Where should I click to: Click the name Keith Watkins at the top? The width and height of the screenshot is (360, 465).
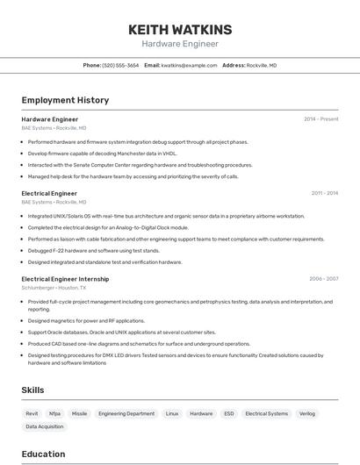pyautogui.click(x=180, y=29)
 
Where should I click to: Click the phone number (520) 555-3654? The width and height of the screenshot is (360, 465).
pyautogui.click(x=120, y=65)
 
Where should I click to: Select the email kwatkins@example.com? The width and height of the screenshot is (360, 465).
pyautogui.click(x=189, y=65)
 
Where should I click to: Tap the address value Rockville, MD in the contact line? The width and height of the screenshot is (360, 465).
pyautogui.click(x=262, y=65)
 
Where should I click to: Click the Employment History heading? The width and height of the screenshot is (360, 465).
pyautogui.click(x=65, y=100)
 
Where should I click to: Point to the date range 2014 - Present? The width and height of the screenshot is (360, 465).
pyautogui.click(x=320, y=119)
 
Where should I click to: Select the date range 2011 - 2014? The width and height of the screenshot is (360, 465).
pyautogui.click(x=324, y=193)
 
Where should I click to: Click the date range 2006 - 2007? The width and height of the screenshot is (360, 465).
pyautogui.click(x=323, y=279)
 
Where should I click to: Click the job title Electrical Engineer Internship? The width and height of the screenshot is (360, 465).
pyautogui.click(x=65, y=279)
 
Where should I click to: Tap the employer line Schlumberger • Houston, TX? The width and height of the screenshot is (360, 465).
pyautogui.click(x=54, y=288)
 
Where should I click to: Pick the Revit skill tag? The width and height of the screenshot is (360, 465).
pyautogui.click(x=32, y=413)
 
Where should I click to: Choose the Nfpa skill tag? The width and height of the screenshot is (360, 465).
pyautogui.click(x=55, y=413)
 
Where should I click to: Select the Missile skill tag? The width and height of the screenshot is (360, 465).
pyautogui.click(x=80, y=413)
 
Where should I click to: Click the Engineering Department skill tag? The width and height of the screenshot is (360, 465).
pyautogui.click(x=126, y=413)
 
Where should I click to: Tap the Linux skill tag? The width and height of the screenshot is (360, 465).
pyautogui.click(x=172, y=413)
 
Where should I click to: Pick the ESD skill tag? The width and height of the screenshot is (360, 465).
pyautogui.click(x=229, y=413)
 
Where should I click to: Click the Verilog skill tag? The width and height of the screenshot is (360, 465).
pyautogui.click(x=307, y=413)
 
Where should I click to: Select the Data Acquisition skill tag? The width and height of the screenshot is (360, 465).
pyautogui.click(x=45, y=426)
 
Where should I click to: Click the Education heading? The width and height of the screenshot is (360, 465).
pyautogui.click(x=43, y=454)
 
